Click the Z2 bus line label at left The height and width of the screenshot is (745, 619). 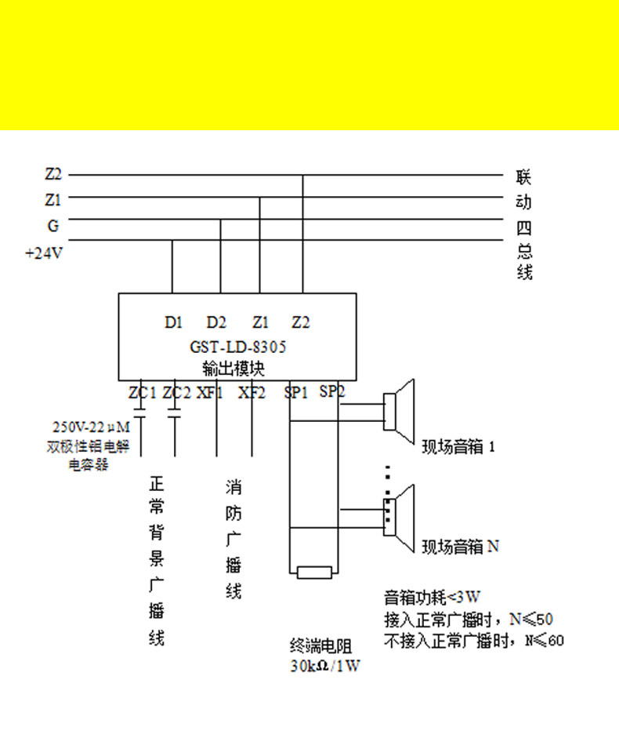click(53, 174)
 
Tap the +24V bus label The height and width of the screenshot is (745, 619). click(44, 253)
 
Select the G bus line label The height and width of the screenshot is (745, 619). click(53, 226)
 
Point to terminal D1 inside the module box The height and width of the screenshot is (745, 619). click(173, 322)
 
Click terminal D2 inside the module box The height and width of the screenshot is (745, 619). click(216, 322)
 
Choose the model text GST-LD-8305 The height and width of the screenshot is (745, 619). click(238, 347)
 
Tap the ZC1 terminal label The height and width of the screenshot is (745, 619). click(143, 392)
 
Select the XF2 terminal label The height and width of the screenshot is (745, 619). click(252, 392)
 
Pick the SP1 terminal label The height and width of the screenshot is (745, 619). click(296, 392)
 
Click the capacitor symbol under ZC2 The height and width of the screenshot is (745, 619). click(175, 412)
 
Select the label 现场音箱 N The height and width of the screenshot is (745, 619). click(460, 547)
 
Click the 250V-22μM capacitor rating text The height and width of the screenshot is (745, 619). click(91, 428)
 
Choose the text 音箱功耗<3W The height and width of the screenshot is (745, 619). click(432, 597)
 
